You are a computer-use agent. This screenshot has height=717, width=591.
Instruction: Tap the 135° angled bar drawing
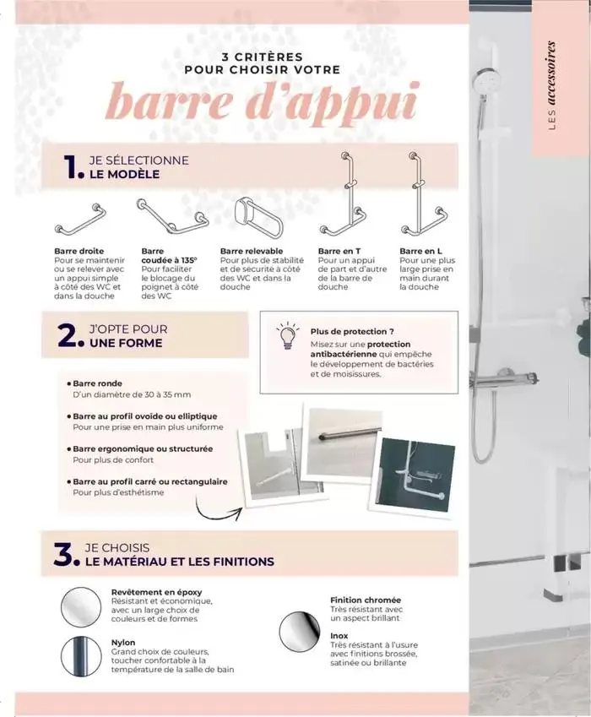tap(171, 216)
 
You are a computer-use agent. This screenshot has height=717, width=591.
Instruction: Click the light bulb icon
tap(288, 337)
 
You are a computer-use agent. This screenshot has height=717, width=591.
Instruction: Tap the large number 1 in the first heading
tap(72, 168)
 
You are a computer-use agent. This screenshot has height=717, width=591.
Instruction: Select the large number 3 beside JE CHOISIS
tap(65, 555)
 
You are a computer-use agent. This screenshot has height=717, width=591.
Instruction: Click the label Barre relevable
tap(251, 251)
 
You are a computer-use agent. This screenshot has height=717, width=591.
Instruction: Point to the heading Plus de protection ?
tap(352, 332)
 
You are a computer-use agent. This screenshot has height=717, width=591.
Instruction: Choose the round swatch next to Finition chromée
tap(300, 630)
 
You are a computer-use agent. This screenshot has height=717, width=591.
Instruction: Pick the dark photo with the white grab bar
tap(415, 476)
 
